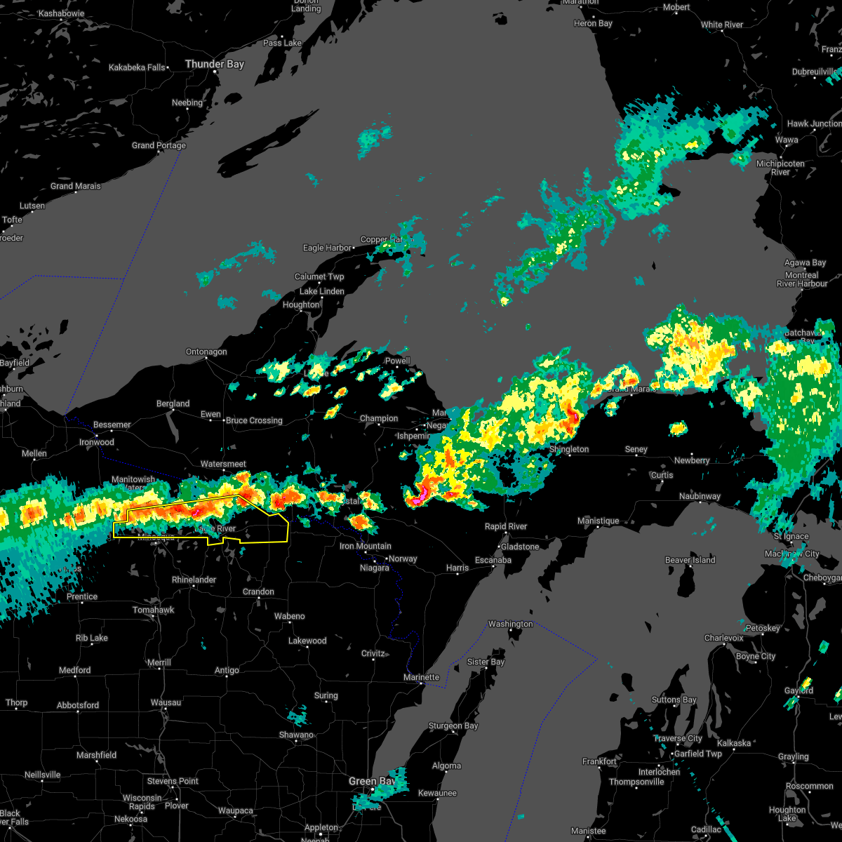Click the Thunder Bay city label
(x=214, y=65)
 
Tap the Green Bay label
(x=372, y=781)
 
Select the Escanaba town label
(x=493, y=560)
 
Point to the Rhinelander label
(x=194, y=580)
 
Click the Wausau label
(x=166, y=702)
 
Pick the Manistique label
(x=598, y=521)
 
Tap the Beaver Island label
(x=690, y=560)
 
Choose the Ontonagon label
(x=206, y=352)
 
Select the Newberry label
(x=692, y=460)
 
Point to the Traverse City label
(x=678, y=738)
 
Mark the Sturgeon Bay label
(x=453, y=726)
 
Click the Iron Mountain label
(x=365, y=546)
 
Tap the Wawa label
(x=787, y=140)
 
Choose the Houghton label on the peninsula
(x=301, y=305)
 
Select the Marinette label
(x=421, y=677)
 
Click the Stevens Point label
(x=173, y=781)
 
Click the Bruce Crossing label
(x=254, y=420)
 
